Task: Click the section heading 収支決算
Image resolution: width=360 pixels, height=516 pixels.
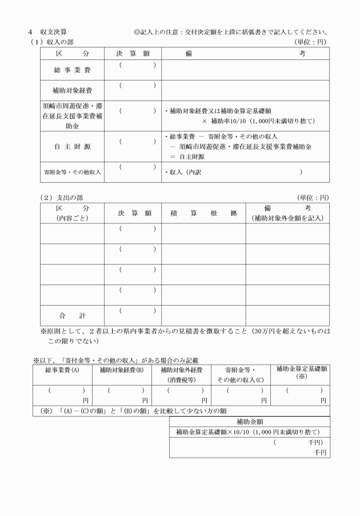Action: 57,32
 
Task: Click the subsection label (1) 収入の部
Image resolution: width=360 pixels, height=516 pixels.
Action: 52,42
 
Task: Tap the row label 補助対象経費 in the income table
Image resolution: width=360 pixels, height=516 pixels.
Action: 71,91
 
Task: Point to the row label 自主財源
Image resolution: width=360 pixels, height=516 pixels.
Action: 71,146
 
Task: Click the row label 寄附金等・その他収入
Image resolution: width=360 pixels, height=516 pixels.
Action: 71,172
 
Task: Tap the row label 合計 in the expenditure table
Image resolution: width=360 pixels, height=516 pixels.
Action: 71,315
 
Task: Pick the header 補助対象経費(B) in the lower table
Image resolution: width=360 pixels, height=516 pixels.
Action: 121,370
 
